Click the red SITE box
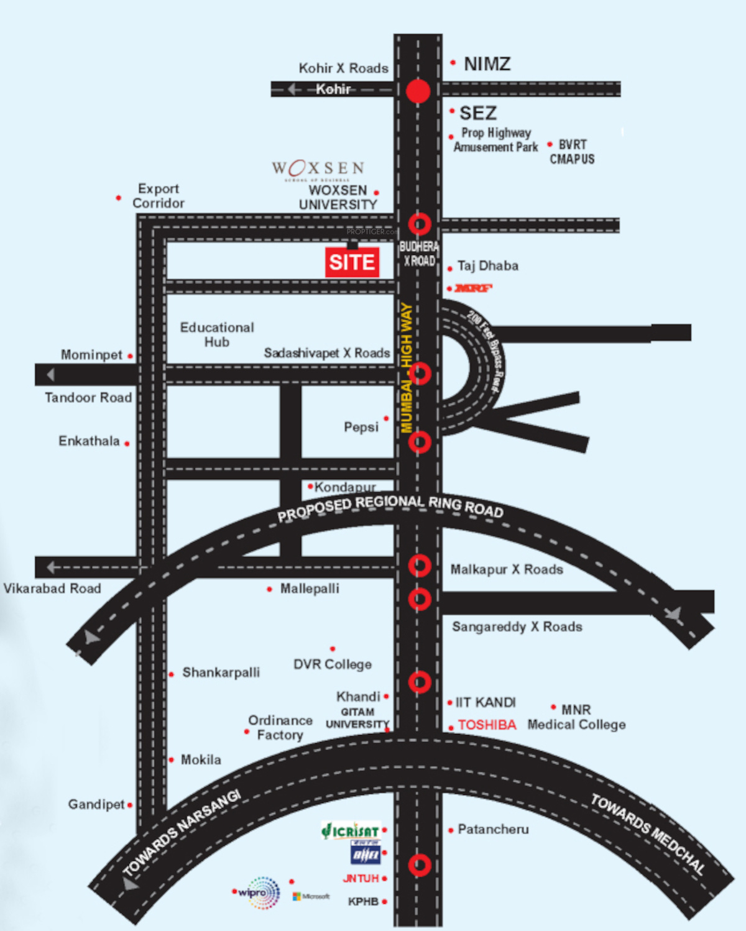[352, 262]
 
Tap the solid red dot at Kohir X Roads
[418, 91]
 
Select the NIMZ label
[487, 64]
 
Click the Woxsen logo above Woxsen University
[318, 168]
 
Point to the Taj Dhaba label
[487, 266]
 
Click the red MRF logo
[473, 288]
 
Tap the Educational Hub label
[217, 334]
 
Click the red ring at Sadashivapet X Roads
[420, 374]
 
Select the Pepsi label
[361, 427]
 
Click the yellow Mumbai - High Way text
[407, 367]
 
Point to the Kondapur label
[345, 487]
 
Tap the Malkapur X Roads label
[507, 569]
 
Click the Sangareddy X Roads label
[517, 626]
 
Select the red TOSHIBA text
[487, 725]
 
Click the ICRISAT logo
[351, 830]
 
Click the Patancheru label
[493, 829]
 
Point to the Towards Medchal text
[648, 834]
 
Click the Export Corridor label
[158, 196]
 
